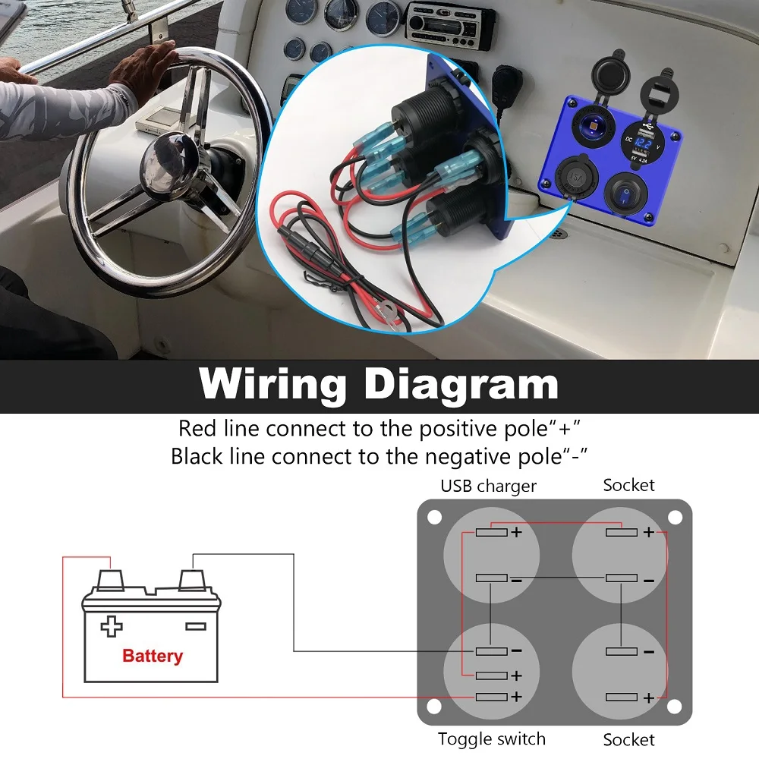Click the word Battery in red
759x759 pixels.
click(153, 656)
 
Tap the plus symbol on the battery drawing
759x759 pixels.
click(112, 626)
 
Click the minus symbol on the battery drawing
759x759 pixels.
click(195, 626)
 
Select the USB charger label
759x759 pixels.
click(488, 486)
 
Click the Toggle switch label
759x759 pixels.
click(491, 739)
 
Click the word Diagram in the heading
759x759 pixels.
click(461, 384)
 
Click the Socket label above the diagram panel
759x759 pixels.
click(628, 485)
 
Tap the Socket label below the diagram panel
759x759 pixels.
click(628, 739)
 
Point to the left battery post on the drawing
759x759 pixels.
click(112, 579)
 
